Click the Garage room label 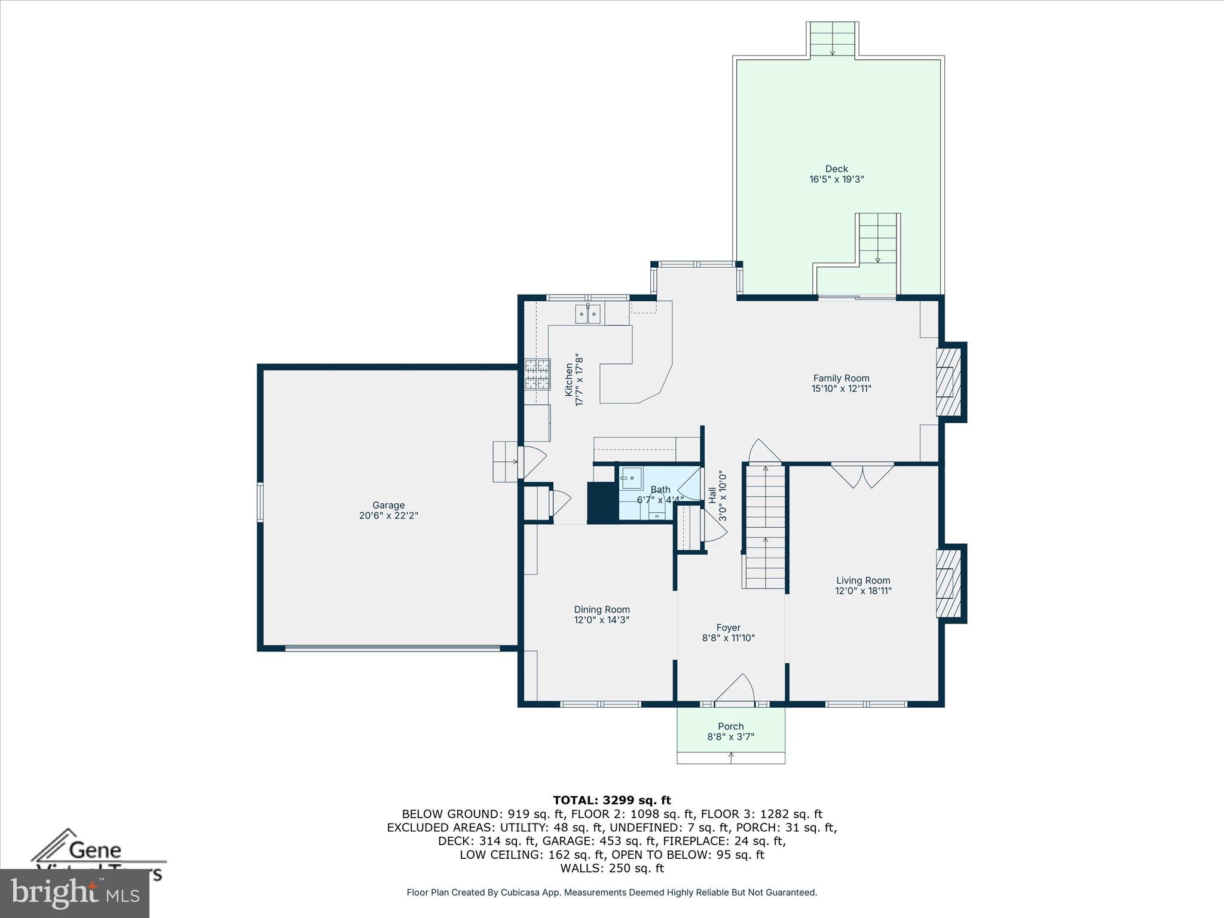point(388,505)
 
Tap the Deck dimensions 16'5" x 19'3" point(837,179)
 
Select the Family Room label point(841,378)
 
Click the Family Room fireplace point(948,381)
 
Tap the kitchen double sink point(587,314)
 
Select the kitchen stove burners point(537,375)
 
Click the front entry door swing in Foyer point(735,688)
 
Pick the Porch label point(730,726)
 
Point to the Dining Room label point(602,610)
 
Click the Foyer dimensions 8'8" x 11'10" point(729,638)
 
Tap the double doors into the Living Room point(862,476)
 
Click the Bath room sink point(630,478)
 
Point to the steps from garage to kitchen point(506,461)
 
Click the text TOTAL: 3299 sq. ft point(611,800)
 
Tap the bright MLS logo point(75,893)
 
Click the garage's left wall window point(260,502)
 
